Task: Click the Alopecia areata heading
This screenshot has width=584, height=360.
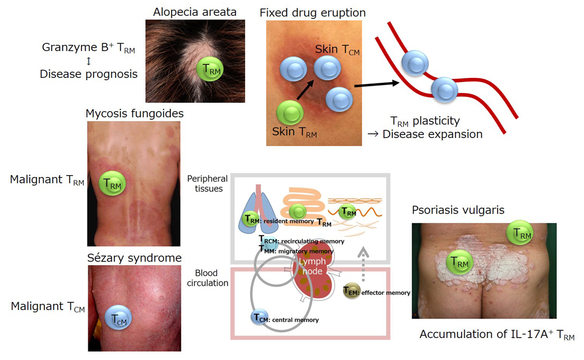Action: pyautogui.click(x=195, y=11)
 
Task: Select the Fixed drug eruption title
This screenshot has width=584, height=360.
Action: pyautogui.click(x=313, y=12)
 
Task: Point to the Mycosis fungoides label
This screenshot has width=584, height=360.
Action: pyautogui.click(x=134, y=113)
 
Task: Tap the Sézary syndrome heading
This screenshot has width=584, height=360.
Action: pyautogui.click(x=134, y=257)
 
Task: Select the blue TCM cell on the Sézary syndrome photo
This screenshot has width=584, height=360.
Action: pyautogui.click(x=120, y=317)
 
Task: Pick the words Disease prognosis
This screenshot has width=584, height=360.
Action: pyautogui.click(x=89, y=74)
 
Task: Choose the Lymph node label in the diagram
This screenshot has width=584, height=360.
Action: pyautogui.click(x=313, y=266)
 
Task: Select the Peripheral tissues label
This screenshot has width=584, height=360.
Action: pyautogui.click(x=208, y=184)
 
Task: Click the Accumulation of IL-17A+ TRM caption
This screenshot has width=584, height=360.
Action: pyautogui.click(x=496, y=335)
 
